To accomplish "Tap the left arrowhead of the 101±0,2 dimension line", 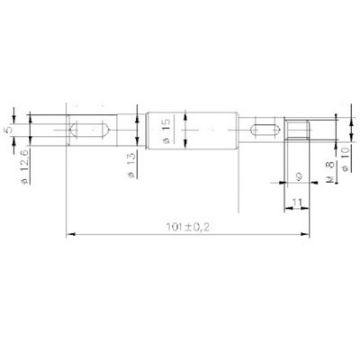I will [68, 235].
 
